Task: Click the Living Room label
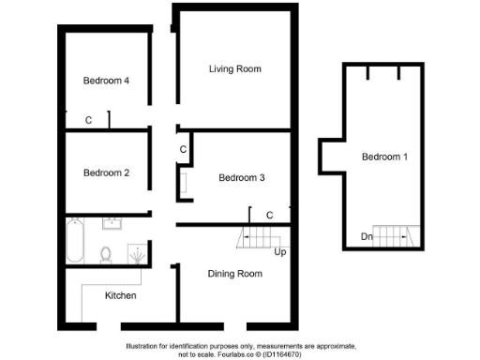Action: [x=234, y=69]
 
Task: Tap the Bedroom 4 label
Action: [x=105, y=81]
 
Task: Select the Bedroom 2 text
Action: [x=105, y=172]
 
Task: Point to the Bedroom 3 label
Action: [x=242, y=178]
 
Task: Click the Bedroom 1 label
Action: [x=384, y=157]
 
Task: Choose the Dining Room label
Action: [x=234, y=274]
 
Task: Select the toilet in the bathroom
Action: [x=106, y=253]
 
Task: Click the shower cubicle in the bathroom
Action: [x=137, y=253]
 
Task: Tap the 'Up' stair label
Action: [x=278, y=252]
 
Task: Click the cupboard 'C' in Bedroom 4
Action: [x=88, y=120]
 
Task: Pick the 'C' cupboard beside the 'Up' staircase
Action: [x=269, y=216]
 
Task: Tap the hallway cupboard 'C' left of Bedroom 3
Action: [x=183, y=148]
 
